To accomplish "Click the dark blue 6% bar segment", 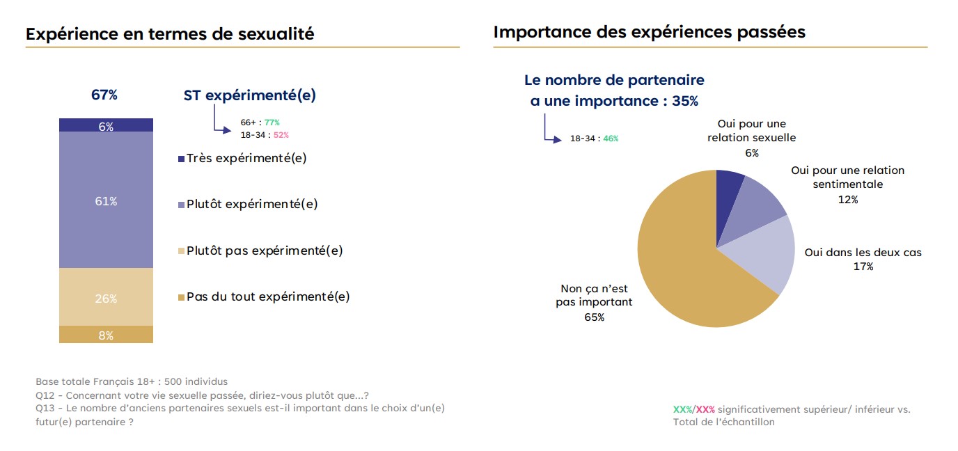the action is (x=106, y=125).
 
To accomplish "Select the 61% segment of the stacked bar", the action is (x=106, y=200).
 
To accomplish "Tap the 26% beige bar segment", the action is (x=106, y=296).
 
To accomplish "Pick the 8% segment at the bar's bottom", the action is (x=106, y=334).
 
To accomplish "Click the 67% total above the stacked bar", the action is (x=104, y=95).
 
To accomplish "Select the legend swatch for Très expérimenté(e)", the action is (x=181, y=159).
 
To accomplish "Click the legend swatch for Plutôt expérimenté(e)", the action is (x=181, y=205).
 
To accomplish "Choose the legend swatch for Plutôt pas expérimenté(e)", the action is (x=181, y=251).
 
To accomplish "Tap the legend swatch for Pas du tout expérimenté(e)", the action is (x=181, y=297).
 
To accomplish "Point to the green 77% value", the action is (x=272, y=122).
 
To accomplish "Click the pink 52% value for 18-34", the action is (x=281, y=135).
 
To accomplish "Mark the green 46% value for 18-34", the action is (x=611, y=139).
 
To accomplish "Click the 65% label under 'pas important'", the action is (x=595, y=317).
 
